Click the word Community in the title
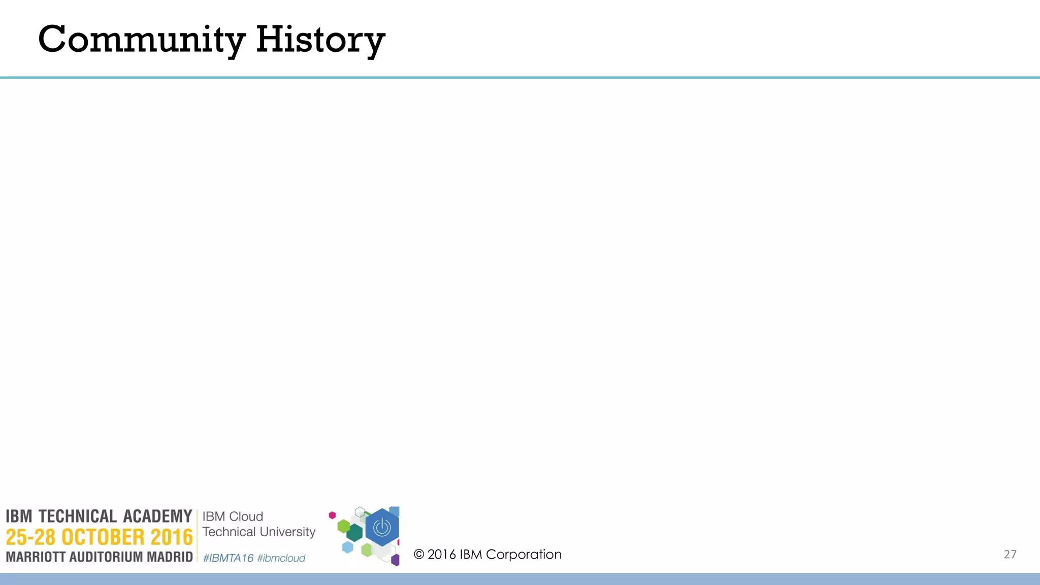[x=141, y=40]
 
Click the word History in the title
[x=320, y=40]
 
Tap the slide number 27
[x=1010, y=555]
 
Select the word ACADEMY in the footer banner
[x=157, y=516]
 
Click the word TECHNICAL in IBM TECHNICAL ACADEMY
[x=78, y=516]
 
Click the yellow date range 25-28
[x=30, y=537]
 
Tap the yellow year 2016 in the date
[x=172, y=537]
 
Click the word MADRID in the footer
[x=170, y=557]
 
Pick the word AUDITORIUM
[x=106, y=557]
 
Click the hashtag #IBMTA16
[x=228, y=558]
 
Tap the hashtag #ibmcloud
[x=281, y=558]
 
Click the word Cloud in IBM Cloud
[x=246, y=516]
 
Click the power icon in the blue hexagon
[x=382, y=528]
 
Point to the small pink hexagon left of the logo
[x=332, y=515]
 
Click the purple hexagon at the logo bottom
[x=395, y=561]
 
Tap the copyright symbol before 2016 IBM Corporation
[x=419, y=555]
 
